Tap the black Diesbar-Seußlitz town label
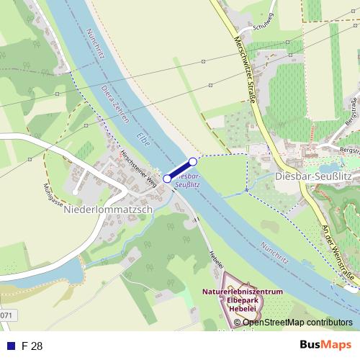coord(312,176)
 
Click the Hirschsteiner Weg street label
coord(141,171)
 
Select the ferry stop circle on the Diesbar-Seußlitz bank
coord(193,162)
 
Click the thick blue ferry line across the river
coord(180,171)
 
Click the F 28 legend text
coord(32,346)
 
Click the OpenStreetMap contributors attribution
coord(297,323)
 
